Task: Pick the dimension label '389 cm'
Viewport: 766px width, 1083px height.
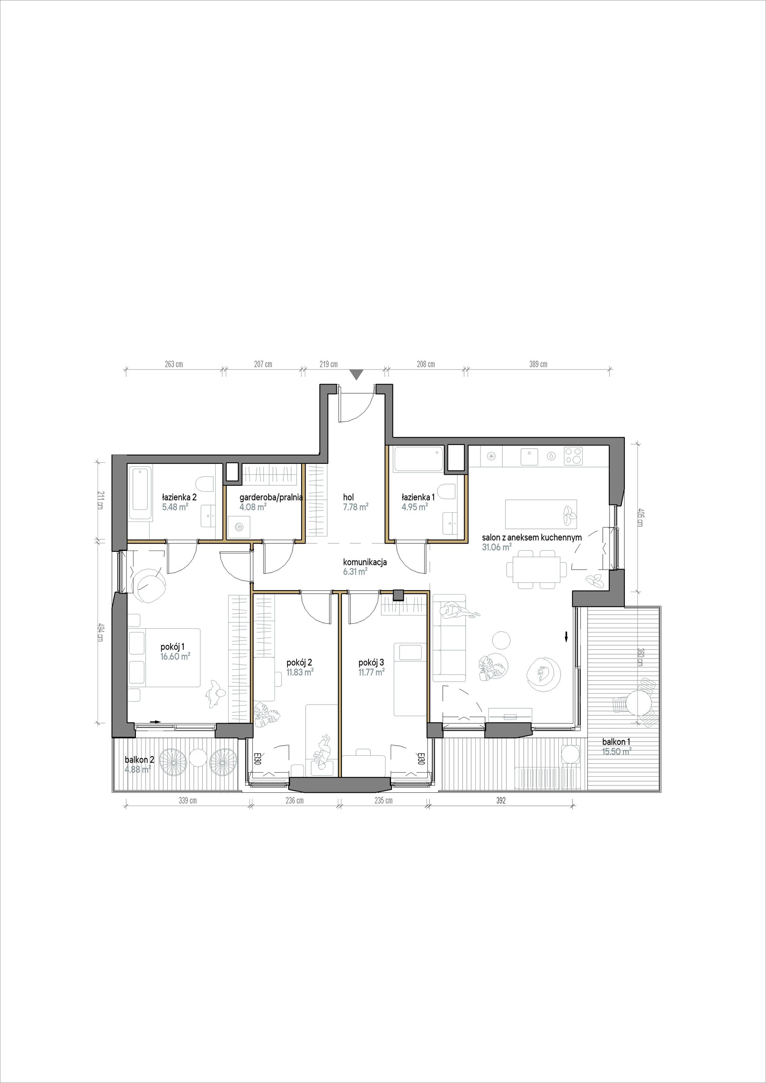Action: [538, 364]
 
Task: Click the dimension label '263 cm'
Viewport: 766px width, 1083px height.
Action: [174, 364]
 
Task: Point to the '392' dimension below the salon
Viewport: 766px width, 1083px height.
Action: [500, 800]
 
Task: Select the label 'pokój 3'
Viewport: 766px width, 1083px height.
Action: [371, 663]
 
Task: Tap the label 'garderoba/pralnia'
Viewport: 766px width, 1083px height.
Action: [271, 497]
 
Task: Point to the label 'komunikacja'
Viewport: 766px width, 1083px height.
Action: [365, 562]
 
